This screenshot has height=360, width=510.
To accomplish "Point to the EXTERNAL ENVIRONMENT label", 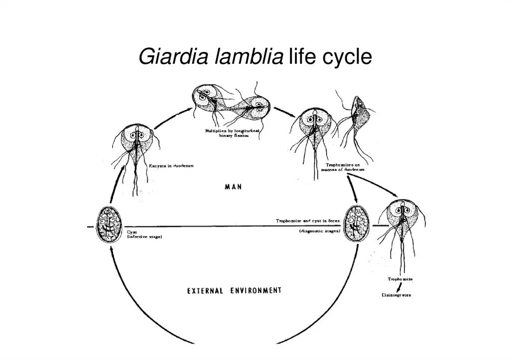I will (234, 290).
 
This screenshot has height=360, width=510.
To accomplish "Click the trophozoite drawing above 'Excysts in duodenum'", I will (135, 149).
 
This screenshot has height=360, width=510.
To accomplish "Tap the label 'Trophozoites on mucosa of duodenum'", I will (346, 167).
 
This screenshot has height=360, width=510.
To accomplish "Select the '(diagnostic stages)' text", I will (319, 232).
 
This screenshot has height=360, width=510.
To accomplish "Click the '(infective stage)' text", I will (144, 237).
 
